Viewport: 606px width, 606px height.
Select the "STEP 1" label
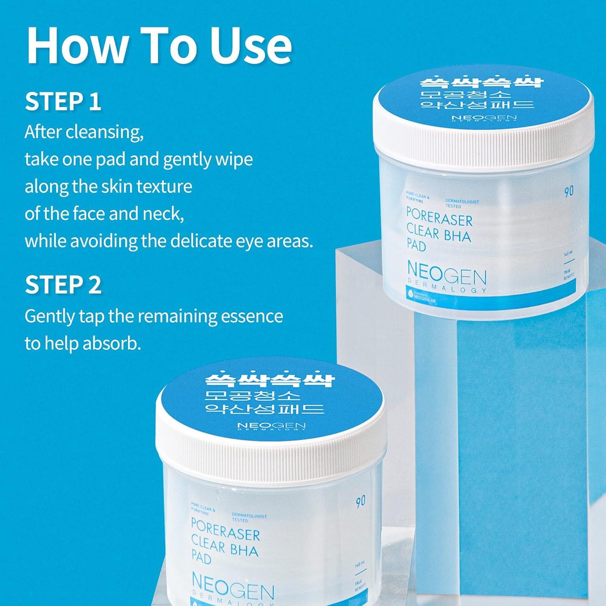pos(63,101)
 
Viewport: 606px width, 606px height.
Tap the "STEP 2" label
pos(63,285)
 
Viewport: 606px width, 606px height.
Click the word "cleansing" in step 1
pos(104,132)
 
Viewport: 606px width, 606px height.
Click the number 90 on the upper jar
pos(569,191)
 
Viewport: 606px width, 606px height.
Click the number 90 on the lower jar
pos(360,501)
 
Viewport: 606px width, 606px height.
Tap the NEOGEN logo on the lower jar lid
pos(271,427)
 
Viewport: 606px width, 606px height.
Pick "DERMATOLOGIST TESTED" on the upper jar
pos(462,203)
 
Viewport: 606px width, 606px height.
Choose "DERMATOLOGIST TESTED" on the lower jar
pos(249,518)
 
